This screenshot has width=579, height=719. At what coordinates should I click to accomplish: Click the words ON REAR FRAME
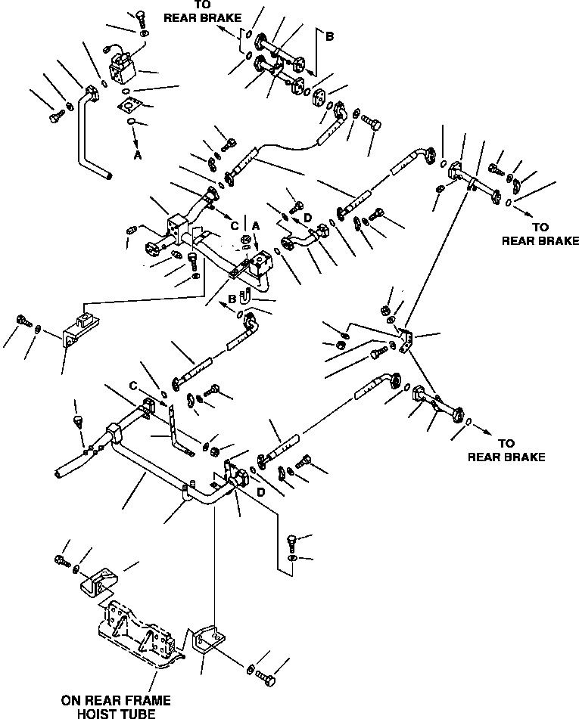coord(116,700)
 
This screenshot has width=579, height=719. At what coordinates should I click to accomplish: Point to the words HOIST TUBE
coord(116,713)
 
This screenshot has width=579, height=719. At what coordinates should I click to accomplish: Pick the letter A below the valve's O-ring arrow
coord(137,156)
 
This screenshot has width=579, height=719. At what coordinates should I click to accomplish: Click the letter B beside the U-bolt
coord(232,299)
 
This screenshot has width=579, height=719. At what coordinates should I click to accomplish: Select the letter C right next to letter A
coord(235,225)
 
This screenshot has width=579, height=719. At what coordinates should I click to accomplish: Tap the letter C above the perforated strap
coord(133,386)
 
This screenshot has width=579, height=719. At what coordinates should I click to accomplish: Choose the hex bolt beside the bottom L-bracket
coord(266,676)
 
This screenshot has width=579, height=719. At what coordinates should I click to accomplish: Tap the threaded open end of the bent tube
coord(108,175)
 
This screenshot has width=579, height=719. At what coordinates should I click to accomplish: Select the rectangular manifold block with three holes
coord(176,228)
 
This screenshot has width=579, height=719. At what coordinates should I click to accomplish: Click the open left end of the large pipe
coord(58,473)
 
